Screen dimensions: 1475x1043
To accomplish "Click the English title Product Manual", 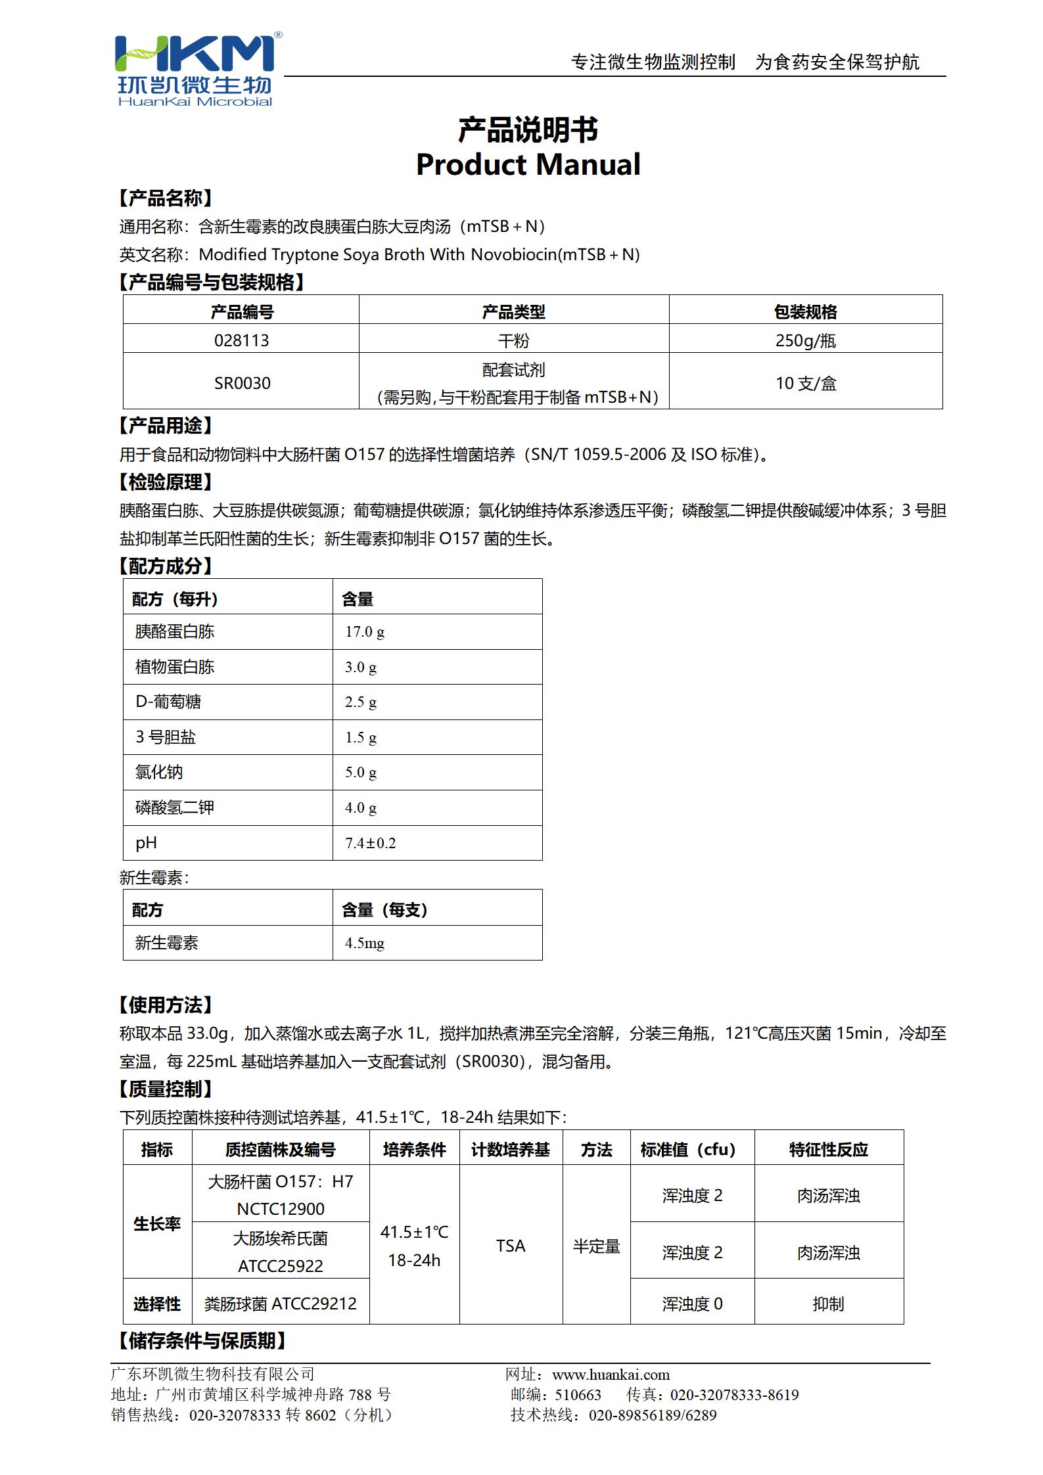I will click(528, 164).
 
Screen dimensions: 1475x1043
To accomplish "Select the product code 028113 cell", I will click(241, 340).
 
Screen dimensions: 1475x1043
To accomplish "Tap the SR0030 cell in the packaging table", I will click(241, 383).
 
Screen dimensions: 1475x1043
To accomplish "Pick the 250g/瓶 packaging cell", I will click(805, 340).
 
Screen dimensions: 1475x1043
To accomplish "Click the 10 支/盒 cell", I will click(805, 383).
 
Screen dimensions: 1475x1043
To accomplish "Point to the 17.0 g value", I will click(365, 632).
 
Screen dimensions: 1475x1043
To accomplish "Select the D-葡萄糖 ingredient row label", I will click(168, 702).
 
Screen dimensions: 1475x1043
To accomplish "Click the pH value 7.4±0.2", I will click(371, 843).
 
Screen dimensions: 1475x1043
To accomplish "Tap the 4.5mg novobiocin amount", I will click(365, 943).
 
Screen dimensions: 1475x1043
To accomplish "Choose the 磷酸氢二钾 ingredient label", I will click(175, 807).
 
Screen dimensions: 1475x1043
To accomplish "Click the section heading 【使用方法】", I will click(166, 1005).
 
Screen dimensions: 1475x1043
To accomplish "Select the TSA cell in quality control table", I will click(511, 1246).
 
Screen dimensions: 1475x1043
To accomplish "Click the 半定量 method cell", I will click(596, 1246).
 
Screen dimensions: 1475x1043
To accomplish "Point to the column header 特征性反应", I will click(828, 1149).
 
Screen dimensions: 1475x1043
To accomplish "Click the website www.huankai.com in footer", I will click(611, 1374).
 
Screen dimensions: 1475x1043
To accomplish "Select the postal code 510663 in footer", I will click(578, 1395).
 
